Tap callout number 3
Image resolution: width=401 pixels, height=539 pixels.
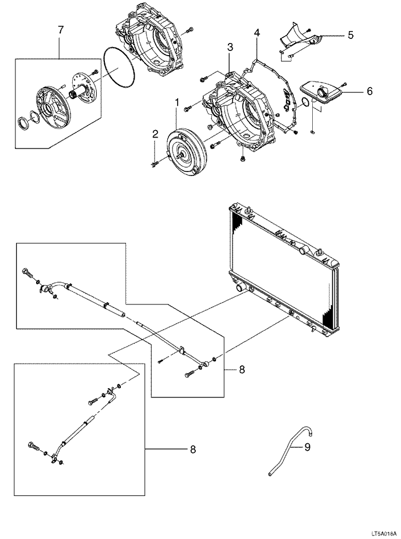229,48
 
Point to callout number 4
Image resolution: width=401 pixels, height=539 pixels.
257,33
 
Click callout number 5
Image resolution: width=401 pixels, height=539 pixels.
350,35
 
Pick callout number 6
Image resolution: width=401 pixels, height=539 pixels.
369,91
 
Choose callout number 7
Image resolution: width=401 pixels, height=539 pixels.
61,30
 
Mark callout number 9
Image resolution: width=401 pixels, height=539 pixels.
307,447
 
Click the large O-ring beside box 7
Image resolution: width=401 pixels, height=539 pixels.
119,69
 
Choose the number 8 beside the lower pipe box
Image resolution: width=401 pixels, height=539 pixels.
192,450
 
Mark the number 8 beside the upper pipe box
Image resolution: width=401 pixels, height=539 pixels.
242,370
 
